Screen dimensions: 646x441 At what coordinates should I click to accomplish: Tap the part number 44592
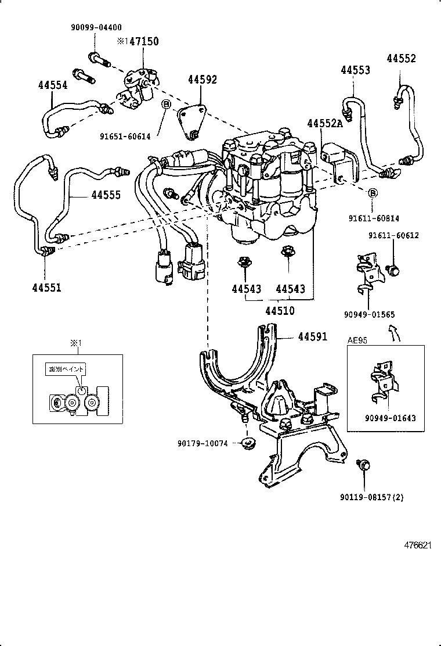(x=202, y=80)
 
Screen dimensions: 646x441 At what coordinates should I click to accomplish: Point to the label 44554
(x=53, y=85)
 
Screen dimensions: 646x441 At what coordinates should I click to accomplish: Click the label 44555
(x=106, y=195)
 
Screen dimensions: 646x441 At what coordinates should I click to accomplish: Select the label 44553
(x=355, y=70)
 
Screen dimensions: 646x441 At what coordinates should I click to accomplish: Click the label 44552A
(x=326, y=124)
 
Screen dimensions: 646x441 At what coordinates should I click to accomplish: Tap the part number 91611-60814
(x=374, y=218)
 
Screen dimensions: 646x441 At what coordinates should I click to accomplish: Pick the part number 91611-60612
(x=393, y=235)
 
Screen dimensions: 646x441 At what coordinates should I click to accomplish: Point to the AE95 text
(x=357, y=340)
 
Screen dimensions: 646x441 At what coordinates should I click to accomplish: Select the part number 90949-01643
(x=390, y=418)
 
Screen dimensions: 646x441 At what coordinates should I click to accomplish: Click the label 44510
(x=280, y=311)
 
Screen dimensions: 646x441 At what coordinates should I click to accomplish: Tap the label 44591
(x=312, y=336)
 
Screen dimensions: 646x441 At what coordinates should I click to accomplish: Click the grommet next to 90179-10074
(x=249, y=444)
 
